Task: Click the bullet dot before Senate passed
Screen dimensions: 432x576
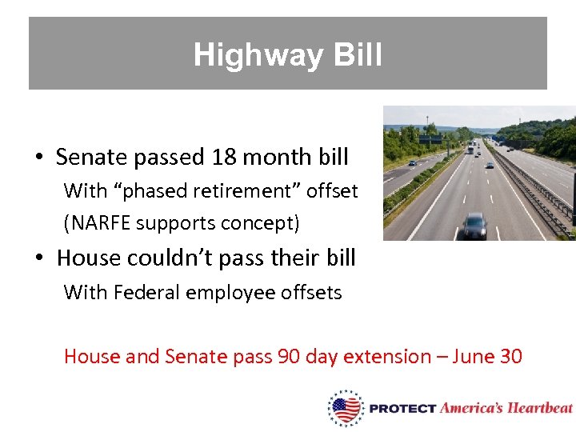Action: pyautogui.click(x=38, y=158)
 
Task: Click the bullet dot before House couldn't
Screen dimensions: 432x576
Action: pyautogui.click(x=38, y=258)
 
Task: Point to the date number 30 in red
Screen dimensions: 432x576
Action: pyautogui.click(x=510, y=356)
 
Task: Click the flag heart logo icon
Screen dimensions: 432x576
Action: pyautogui.click(x=346, y=408)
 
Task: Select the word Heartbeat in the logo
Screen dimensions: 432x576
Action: pyautogui.click(x=539, y=408)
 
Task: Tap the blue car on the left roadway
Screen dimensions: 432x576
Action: pyautogui.click(x=412, y=162)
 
